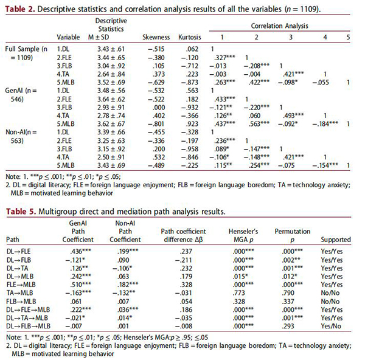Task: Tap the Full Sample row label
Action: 24,46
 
